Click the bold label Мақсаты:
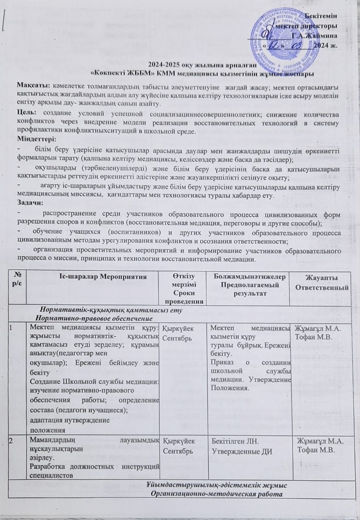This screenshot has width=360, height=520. (x=33, y=86)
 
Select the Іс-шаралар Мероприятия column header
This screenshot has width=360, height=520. (x=92, y=278)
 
